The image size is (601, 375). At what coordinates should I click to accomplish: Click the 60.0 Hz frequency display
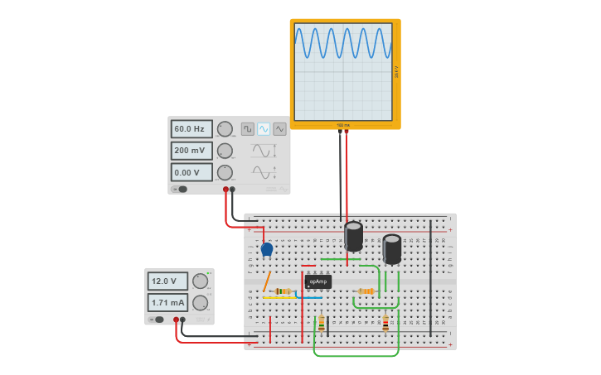pos(191,129)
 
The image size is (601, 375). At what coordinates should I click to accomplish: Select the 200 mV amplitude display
pos(191,151)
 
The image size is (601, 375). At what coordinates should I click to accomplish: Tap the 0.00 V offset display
pos(191,172)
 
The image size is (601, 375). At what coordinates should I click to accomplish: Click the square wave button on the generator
pos(247,129)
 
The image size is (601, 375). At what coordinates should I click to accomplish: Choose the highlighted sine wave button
pos(264,129)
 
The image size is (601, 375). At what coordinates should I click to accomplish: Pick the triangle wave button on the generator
pos(279,129)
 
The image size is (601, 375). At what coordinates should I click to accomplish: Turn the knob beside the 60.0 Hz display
pos(225,129)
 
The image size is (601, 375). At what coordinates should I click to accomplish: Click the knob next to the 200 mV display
pos(225,151)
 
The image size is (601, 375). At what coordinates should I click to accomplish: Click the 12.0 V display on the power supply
pos(167,281)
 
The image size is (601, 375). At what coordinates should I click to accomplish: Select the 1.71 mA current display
pos(167,302)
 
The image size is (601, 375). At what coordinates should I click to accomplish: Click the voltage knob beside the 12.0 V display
pos(200,281)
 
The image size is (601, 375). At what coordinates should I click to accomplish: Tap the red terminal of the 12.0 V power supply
pos(176,320)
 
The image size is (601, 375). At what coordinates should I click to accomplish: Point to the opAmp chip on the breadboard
pos(317,281)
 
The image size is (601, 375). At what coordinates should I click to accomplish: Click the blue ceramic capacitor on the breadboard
pos(266,248)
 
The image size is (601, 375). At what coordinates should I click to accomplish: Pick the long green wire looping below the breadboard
pos(356,356)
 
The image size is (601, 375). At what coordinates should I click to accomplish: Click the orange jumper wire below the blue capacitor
pos(266,281)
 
